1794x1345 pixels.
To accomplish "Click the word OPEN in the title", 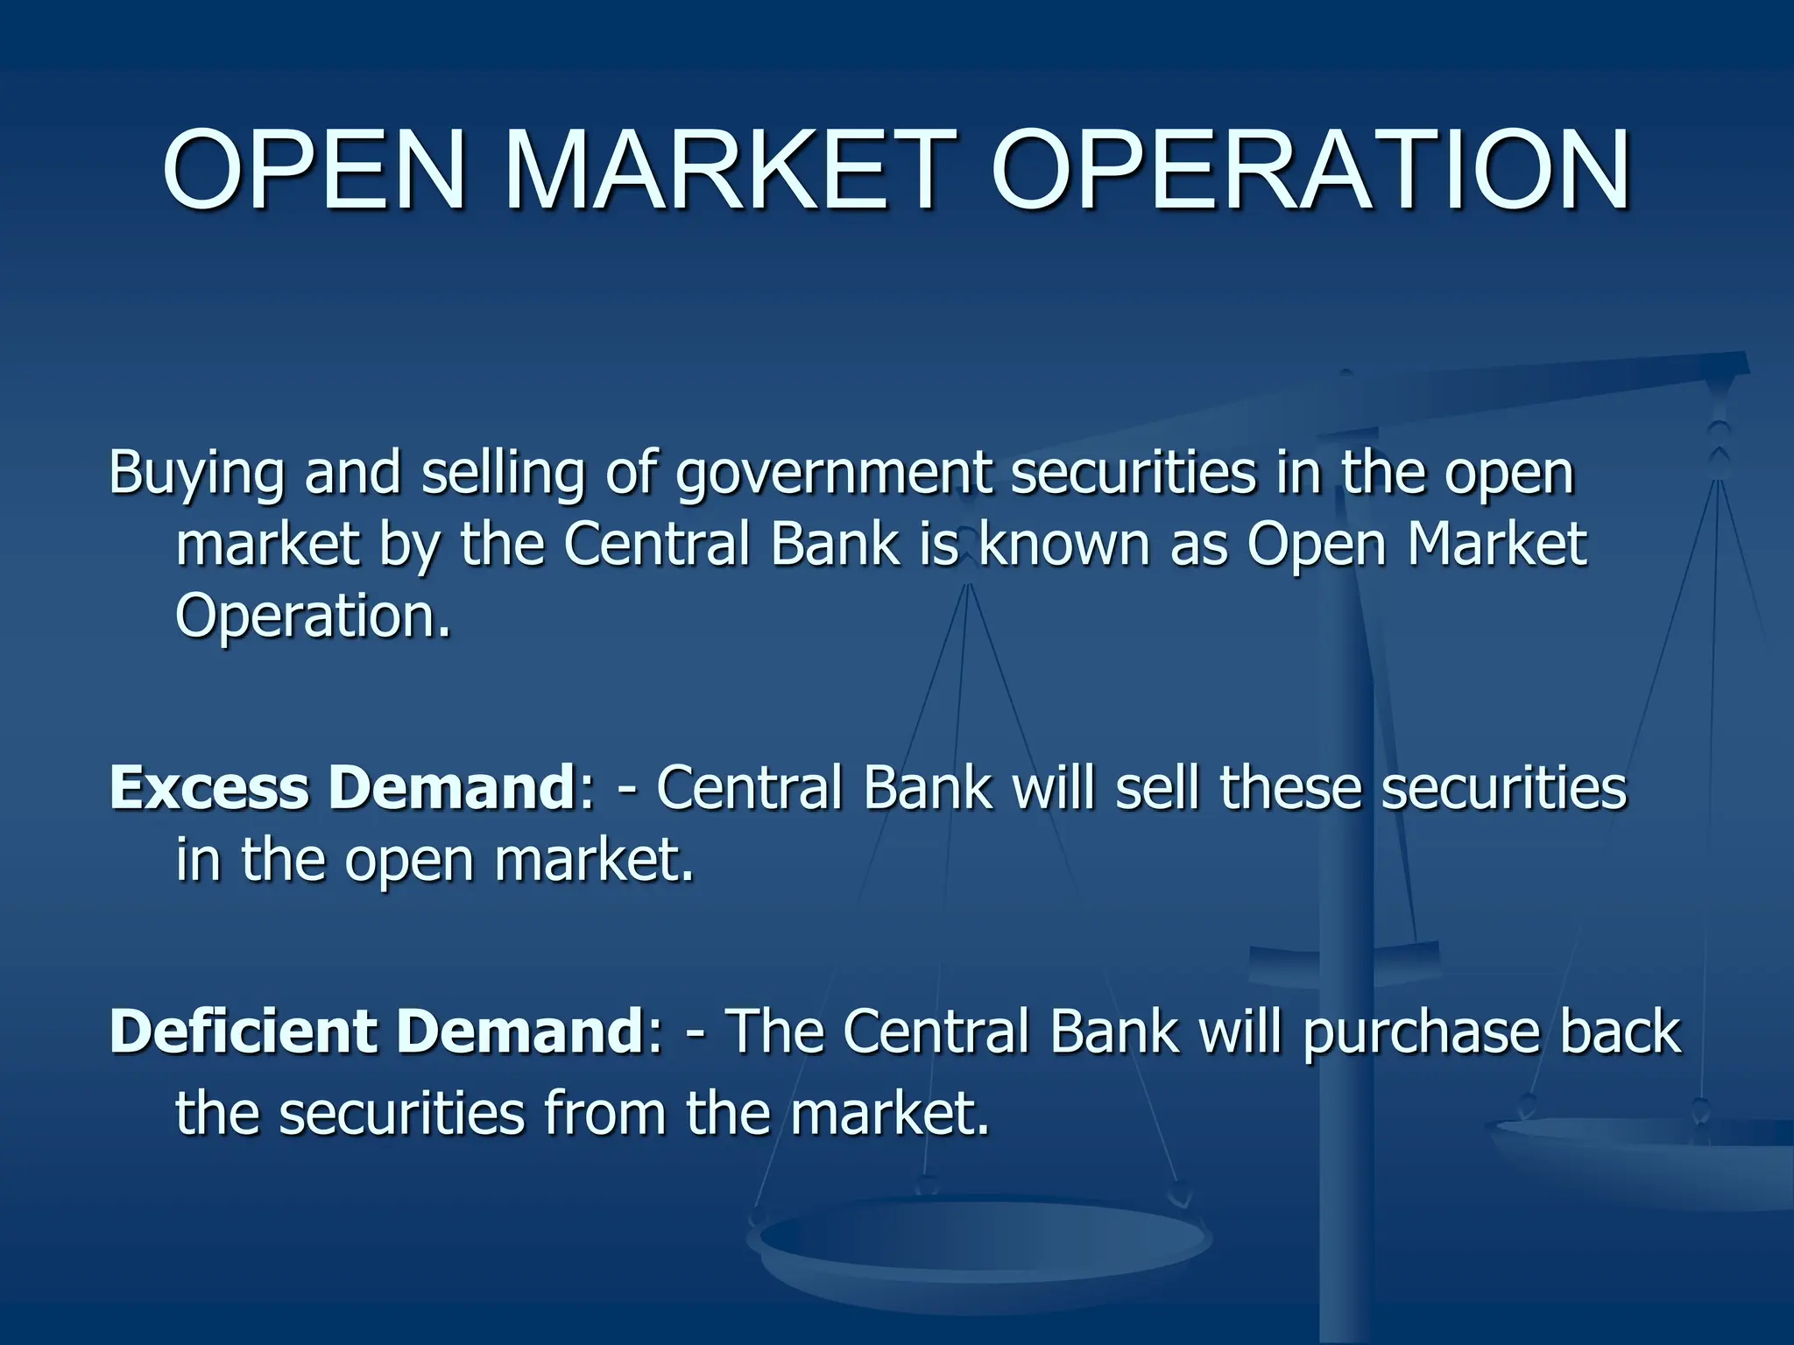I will click(314, 171).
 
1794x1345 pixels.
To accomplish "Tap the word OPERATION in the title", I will click(1310, 171).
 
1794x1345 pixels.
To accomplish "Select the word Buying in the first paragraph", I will click(196, 475).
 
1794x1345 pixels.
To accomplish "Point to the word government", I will click(834, 475).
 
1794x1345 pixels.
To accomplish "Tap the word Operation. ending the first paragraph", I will click(313, 616).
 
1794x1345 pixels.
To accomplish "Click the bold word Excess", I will click(209, 787).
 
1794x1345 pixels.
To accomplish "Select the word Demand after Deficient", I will click(520, 1031).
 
